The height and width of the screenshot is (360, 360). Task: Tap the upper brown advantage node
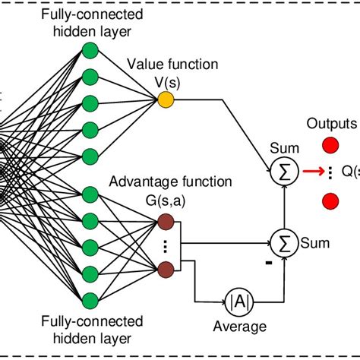(166, 222)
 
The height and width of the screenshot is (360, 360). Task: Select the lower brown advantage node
(166, 266)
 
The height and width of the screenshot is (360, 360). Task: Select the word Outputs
(331, 124)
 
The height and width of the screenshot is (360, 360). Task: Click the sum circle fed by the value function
(286, 173)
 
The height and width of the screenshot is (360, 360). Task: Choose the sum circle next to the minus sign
(286, 244)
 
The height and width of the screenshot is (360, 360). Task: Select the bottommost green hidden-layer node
(90, 298)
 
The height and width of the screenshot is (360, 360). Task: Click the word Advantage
(136, 183)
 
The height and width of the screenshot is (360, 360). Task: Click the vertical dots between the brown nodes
(166, 245)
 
